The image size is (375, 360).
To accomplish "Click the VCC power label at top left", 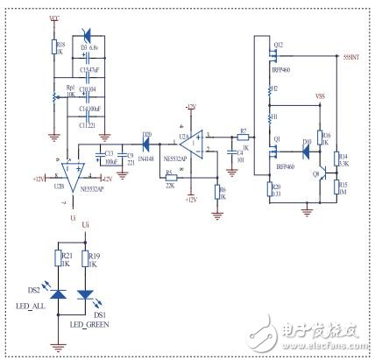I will (55, 18).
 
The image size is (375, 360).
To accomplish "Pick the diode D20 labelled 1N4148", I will (145, 138).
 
